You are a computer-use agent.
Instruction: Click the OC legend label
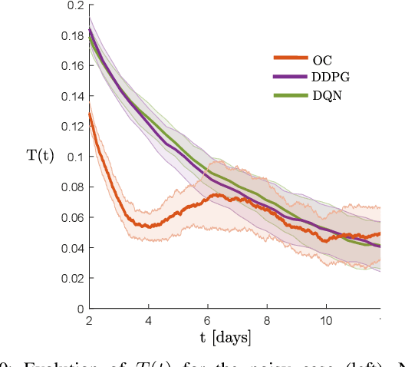[323, 58]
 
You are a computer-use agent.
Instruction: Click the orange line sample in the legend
[290, 58]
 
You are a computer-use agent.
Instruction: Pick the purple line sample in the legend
[290, 77]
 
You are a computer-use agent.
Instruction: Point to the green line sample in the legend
[290, 95]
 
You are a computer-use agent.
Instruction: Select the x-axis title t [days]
[235, 337]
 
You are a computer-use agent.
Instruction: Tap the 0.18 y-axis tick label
[72, 35]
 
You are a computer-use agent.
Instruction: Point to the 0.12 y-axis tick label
[72, 127]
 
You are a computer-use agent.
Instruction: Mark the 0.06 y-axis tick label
[72, 217]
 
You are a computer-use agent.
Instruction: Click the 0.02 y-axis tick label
[72, 278]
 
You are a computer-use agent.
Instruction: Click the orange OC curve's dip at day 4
[148, 226]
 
